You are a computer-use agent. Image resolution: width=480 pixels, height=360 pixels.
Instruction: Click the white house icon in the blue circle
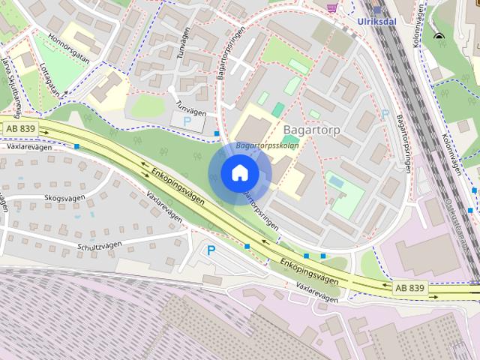pos(239,173)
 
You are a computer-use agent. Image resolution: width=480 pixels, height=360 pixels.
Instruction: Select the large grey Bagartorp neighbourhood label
pos(312,129)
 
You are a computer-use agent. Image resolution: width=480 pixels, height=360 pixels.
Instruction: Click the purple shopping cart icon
pos(331,7)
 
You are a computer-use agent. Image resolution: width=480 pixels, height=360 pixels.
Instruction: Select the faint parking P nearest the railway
pos(385,115)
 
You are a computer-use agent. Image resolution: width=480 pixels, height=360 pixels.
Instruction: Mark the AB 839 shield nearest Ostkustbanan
pos(409,287)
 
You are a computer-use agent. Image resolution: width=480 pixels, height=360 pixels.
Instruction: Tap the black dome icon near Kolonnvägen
pos(438,36)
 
